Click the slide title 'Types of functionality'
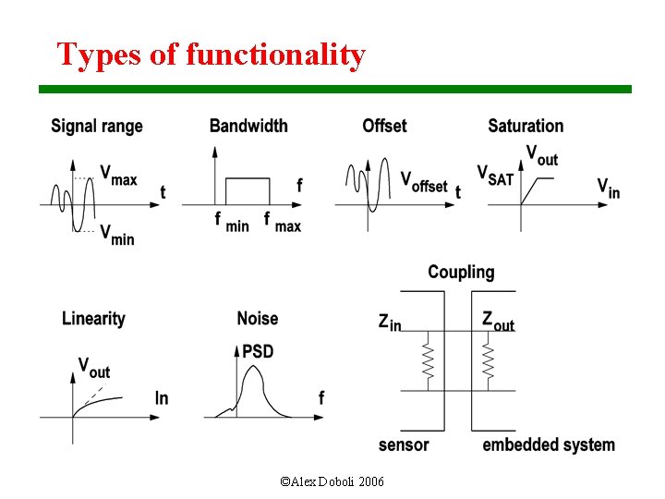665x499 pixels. coord(211,55)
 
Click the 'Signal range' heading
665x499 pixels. coord(97,126)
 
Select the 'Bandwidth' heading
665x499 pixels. coord(248,126)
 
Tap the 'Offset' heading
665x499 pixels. coord(384,126)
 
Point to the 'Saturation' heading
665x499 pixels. coord(526,126)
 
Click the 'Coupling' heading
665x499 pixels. coord(461,272)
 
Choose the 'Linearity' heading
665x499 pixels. coord(93,319)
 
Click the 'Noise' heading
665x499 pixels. coord(257,319)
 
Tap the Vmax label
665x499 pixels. coord(118,175)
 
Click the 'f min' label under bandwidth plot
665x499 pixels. coord(231,223)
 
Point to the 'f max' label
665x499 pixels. coord(282,223)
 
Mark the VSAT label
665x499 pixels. coord(495,175)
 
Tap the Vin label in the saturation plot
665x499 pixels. coord(608,189)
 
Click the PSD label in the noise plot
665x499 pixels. coord(257,352)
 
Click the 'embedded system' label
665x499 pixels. coord(549,445)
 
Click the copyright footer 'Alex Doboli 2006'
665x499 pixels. coord(332,482)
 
